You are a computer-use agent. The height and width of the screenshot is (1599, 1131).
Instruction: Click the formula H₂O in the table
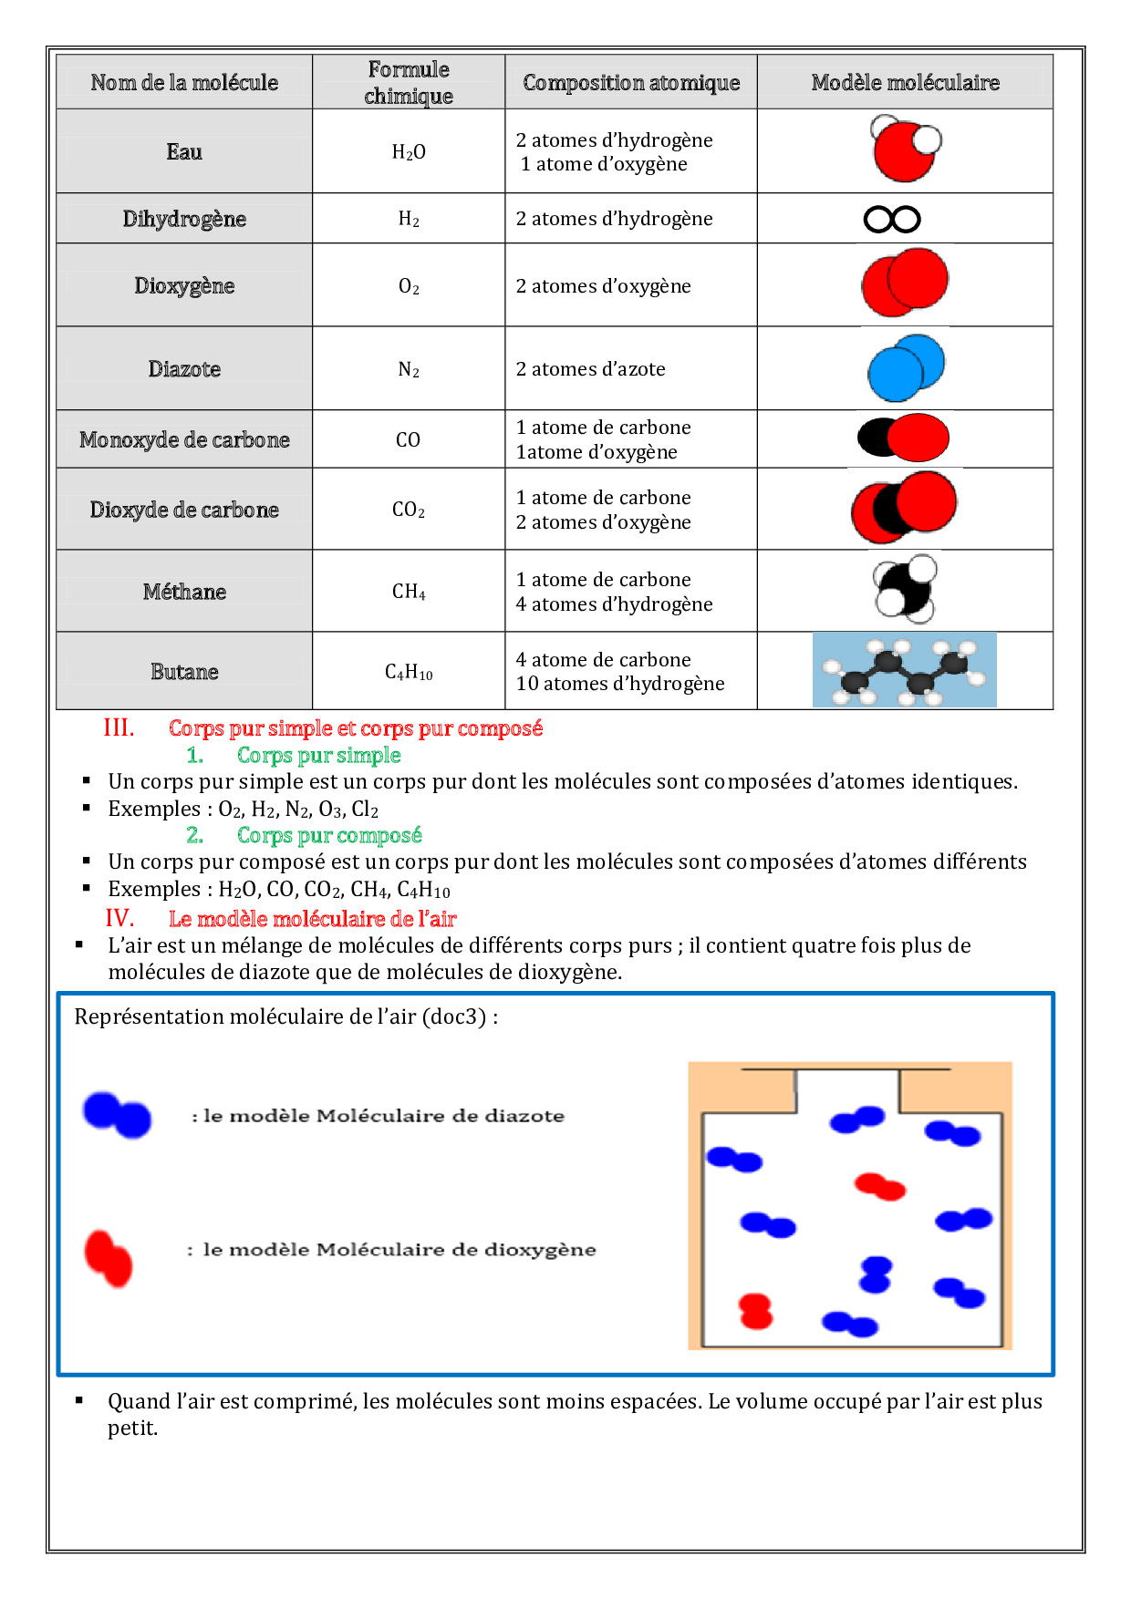[x=409, y=151]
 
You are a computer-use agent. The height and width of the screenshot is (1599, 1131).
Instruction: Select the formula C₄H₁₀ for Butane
[x=409, y=673]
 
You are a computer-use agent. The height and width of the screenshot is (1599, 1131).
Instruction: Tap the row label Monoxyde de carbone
[x=184, y=439]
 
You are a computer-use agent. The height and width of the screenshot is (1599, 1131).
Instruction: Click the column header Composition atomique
[x=631, y=83]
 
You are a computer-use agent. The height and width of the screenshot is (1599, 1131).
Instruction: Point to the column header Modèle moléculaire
[x=905, y=83]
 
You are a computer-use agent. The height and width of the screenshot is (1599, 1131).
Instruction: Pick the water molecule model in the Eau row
[x=905, y=149]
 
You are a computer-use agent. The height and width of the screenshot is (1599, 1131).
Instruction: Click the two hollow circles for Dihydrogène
[x=892, y=220]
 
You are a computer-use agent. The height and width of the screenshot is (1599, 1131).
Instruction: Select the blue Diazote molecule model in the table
[x=906, y=368]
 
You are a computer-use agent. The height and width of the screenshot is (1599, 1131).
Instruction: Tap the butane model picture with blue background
[x=904, y=670]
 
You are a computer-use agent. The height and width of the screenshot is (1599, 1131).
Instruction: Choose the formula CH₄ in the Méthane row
[x=409, y=592]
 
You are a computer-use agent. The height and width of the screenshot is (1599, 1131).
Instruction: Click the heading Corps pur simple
[x=318, y=755]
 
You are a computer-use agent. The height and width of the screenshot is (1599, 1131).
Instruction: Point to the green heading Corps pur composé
[x=329, y=835]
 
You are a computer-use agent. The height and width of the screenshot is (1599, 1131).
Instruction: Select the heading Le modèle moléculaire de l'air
[x=312, y=919]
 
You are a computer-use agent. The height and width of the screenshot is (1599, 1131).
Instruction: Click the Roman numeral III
[x=119, y=727]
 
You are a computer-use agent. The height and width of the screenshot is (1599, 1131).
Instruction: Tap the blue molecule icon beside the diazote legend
[x=117, y=1115]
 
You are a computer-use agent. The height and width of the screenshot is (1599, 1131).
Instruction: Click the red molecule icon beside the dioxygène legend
[x=109, y=1258]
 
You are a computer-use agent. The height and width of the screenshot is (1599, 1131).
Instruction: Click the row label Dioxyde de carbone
[x=184, y=510]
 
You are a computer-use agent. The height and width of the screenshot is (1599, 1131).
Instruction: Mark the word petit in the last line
[x=131, y=1428]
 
